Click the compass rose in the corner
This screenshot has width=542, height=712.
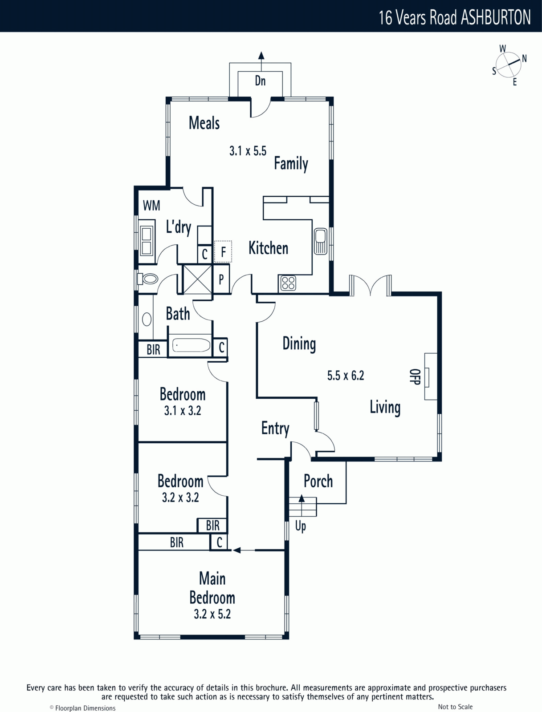click(509, 65)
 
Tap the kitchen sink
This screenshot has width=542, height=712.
click(321, 241)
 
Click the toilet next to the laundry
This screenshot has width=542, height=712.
click(148, 279)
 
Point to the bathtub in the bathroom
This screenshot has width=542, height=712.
click(191, 345)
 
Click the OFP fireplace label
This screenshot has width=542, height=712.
click(415, 376)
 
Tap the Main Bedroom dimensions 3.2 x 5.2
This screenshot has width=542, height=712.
click(212, 614)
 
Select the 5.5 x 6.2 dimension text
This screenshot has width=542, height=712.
click(346, 376)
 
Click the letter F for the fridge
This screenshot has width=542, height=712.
click(223, 252)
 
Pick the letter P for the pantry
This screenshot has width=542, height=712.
click(221, 279)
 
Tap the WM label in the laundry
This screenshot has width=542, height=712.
click(151, 205)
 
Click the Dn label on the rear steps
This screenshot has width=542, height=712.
click(260, 81)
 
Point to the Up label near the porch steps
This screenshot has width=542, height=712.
click(301, 526)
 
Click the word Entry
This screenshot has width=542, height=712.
click(275, 429)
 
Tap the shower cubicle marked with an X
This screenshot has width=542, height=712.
click(197, 279)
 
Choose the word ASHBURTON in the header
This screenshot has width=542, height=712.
click(496, 17)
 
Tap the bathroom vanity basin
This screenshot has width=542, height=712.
click(147, 319)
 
